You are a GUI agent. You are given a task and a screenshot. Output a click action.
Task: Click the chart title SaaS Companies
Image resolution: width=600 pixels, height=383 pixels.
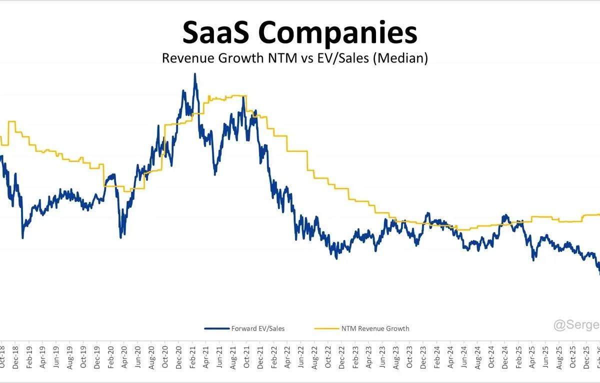tap(299, 33)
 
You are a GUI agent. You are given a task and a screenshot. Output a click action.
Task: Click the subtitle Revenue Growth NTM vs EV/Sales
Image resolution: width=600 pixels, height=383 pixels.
tap(295, 58)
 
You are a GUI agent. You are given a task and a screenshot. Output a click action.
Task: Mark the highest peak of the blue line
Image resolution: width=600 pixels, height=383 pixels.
tap(195, 74)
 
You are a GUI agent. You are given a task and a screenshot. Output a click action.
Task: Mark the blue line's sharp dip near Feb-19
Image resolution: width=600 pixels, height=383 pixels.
tap(23, 237)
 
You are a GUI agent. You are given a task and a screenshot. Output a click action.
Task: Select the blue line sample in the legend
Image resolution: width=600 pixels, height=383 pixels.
tap(216, 328)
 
